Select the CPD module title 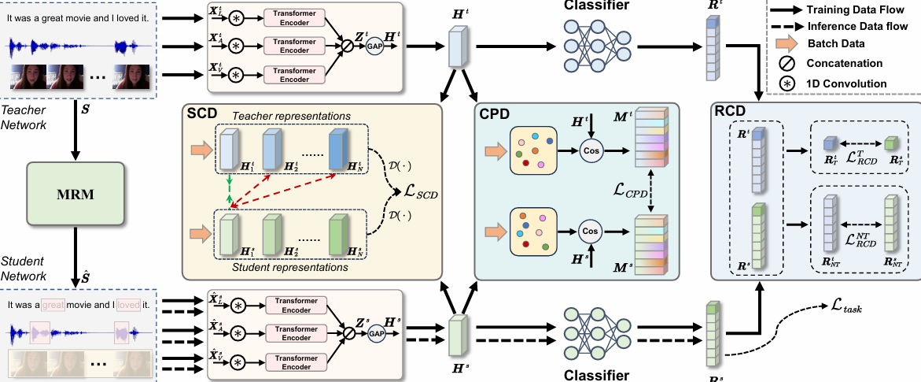[x=495, y=114]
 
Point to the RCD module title [x=730, y=110]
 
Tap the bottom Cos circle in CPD [x=591, y=231]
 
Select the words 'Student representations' [x=291, y=268]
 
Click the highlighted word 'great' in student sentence [x=53, y=302]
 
